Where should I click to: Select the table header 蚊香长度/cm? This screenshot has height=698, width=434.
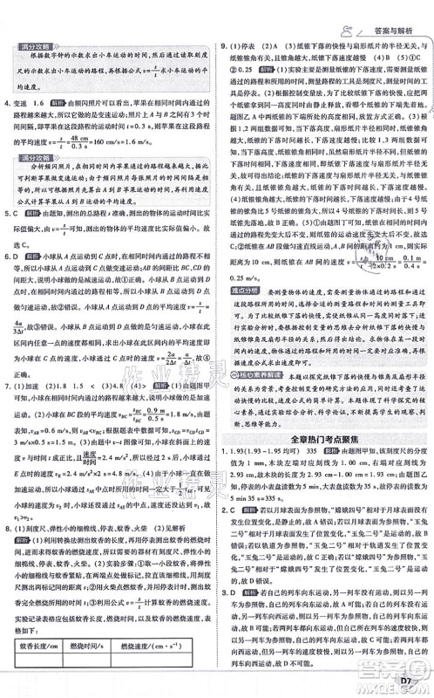(x=44, y=646)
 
